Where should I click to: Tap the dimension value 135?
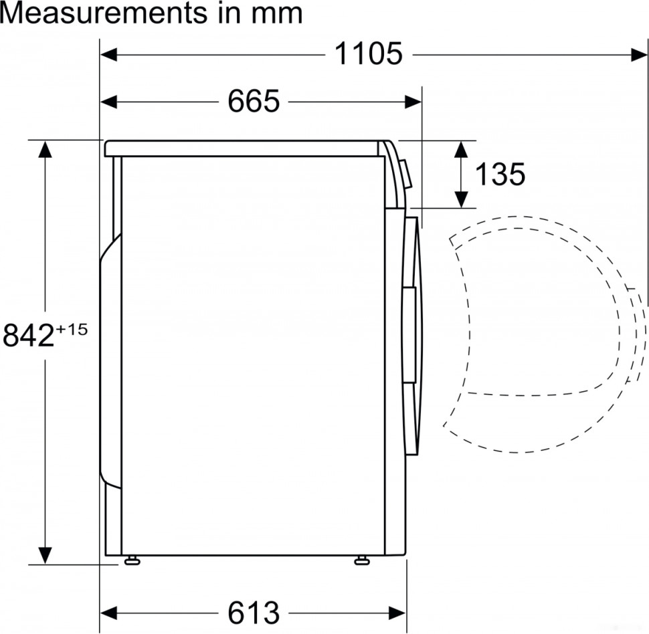500,175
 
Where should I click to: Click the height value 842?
28,336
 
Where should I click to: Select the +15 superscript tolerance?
72,329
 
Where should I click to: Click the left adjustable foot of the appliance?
131,560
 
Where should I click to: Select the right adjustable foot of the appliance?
363,560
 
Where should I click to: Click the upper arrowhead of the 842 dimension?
45,148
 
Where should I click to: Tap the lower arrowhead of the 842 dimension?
45,555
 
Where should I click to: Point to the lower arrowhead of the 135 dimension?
460,199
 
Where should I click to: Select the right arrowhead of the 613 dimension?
398,612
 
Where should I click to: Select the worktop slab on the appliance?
244,148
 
